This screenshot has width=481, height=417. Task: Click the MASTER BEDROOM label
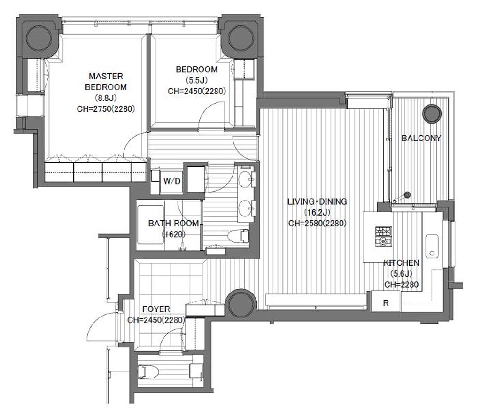(106, 82)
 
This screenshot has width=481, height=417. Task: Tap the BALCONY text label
(421, 138)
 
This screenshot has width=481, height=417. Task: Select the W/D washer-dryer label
(172, 181)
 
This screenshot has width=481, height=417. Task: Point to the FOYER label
(156, 309)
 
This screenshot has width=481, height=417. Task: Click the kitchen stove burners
(383, 236)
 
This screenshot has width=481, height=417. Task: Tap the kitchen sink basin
(432, 247)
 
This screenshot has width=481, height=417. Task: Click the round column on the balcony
(432, 114)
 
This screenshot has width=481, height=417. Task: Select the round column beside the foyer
(241, 303)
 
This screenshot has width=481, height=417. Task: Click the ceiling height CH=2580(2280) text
(317, 224)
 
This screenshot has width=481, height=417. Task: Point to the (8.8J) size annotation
(106, 98)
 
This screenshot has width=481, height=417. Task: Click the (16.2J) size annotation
(317, 212)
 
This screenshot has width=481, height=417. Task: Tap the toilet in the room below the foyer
(148, 372)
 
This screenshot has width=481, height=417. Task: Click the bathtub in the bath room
(150, 225)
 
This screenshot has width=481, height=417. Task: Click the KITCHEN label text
(401, 263)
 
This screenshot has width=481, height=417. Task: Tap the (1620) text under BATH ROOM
(174, 235)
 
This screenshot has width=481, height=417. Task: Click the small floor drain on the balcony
(407, 194)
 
